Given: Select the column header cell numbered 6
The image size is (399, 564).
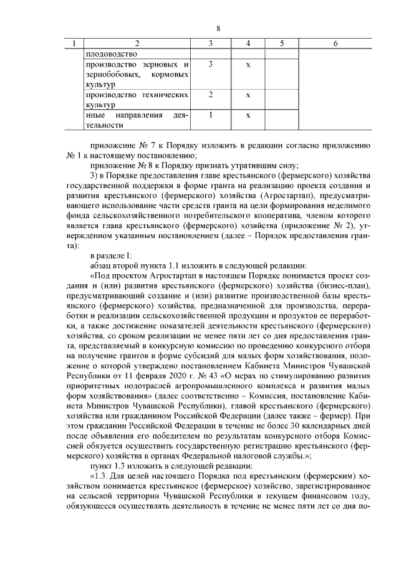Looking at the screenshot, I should [x=335, y=44].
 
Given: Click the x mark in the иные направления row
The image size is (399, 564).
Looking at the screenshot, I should [x=248, y=115].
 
